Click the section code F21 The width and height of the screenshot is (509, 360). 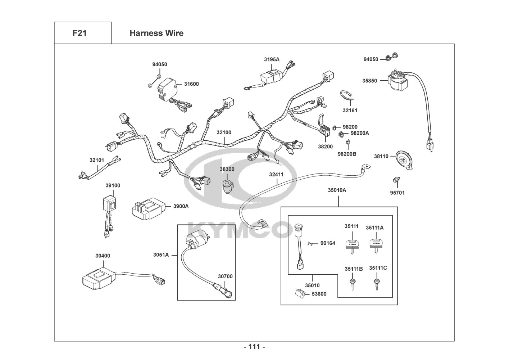click(x=79, y=33)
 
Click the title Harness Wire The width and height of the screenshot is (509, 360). click(x=156, y=33)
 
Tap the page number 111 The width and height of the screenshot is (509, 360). click(x=254, y=347)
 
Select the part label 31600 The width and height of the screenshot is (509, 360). click(x=191, y=84)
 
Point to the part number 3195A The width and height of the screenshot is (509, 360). click(x=272, y=59)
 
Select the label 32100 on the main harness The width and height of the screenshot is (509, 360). click(x=224, y=132)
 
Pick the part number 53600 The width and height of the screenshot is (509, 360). click(x=319, y=294)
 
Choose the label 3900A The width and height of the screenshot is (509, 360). click(x=181, y=206)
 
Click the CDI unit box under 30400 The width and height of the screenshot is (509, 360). click(x=98, y=278)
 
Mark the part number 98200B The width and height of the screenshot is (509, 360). click(x=347, y=154)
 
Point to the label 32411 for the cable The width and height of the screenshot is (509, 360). click(x=276, y=175)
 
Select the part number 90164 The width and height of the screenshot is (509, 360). click(x=328, y=243)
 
